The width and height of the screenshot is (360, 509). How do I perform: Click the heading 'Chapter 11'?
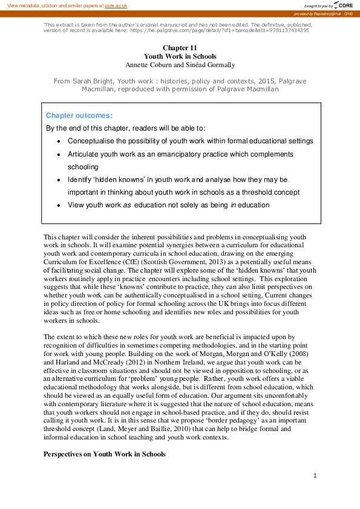click(x=179, y=47)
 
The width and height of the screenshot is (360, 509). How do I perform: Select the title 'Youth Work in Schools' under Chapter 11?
click(x=179, y=56)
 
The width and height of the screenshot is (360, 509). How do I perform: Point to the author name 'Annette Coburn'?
click(x=147, y=64)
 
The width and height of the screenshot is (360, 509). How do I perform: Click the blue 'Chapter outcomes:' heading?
click(x=79, y=115)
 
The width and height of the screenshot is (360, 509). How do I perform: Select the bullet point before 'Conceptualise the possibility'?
click(x=58, y=141)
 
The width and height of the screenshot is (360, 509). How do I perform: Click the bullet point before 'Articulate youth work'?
click(x=58, y=154)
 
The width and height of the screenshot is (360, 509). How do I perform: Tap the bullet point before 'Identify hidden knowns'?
click(x=58, y=180)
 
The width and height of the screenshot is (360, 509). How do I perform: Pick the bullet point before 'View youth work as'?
click(x=58, y=205)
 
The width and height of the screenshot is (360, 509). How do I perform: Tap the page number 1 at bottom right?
click(x=315, y=476)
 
